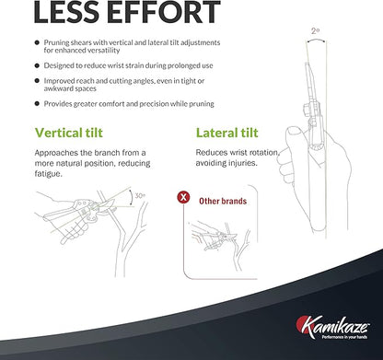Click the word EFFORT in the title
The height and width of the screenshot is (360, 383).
164,12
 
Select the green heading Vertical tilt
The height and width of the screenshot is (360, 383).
69,133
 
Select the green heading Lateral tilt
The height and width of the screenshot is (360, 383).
227,133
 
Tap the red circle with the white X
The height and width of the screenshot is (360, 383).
183,197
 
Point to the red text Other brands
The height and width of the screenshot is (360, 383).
223,201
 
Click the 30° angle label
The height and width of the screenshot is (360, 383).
140,195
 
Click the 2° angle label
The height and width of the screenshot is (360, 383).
315,31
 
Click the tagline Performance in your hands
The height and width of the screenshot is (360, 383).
344,337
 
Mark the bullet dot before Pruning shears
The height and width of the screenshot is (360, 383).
37,42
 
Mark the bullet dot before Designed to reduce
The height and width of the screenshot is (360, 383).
37,65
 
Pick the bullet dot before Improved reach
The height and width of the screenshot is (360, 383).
37,81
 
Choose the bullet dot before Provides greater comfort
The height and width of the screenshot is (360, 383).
37,104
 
